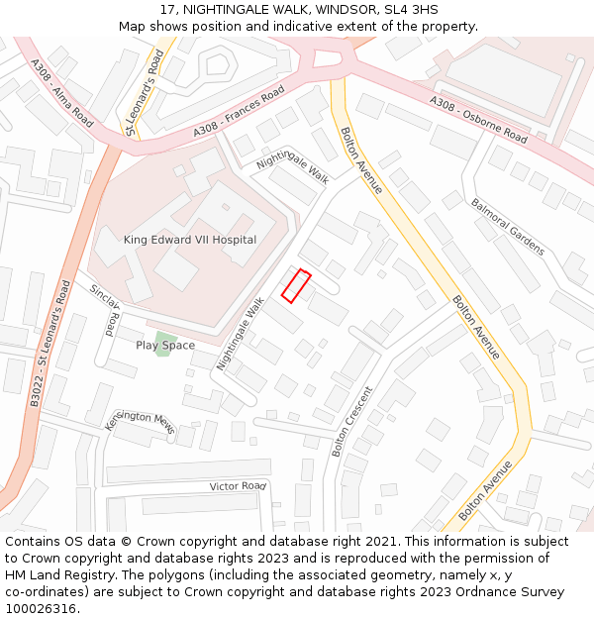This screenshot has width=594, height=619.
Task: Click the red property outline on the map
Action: pos(297,285)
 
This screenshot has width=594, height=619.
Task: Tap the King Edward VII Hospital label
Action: pos(189,240)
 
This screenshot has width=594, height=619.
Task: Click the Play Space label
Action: pos(165,346)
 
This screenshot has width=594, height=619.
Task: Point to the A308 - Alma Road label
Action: pos(61,94)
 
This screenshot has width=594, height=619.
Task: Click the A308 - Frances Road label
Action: pos(239,111)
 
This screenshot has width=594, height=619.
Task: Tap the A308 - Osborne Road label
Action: pos(478,119)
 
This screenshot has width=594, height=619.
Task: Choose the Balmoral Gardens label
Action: pos(507,227)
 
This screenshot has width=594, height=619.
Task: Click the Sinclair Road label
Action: pos(105,308)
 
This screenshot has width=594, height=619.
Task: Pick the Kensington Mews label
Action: pos(141,421)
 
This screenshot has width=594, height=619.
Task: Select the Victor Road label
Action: pos(239,486)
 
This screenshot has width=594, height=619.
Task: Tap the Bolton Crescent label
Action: pos(352,421)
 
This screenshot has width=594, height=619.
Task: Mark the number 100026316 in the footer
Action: pos(41,609)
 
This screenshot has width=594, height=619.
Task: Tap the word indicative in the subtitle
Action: pos(337,26)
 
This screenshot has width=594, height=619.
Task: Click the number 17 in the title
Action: pos(167,9)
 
